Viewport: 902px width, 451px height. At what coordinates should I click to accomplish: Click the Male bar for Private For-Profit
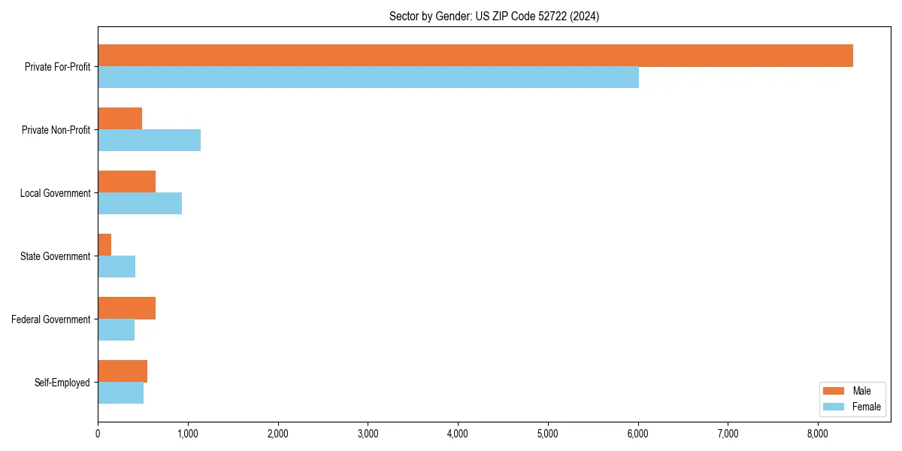tap(475, 56)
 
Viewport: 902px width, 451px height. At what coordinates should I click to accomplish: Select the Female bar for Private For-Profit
tap(368, 77)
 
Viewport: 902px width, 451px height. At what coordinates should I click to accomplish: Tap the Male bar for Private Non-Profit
tap(120, 119)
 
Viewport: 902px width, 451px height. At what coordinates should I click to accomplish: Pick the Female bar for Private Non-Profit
tap(149, 141)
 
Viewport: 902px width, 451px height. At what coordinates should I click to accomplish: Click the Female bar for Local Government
tap(140, 204)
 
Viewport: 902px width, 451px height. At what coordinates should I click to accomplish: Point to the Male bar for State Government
tap(104, 245)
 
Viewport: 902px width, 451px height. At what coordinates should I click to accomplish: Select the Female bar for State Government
tap(117, 267)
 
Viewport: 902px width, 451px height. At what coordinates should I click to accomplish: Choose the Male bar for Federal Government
tap(126, 308)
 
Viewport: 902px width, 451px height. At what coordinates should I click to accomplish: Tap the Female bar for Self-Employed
tap(120, 393)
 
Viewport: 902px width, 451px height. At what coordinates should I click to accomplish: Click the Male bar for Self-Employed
tap(123, 371)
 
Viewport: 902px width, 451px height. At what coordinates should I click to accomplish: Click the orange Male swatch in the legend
tap(834, 391)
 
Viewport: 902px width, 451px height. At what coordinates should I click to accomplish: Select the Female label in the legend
tap(866, 407)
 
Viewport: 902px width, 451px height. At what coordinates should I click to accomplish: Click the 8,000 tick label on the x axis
tap(818, 434)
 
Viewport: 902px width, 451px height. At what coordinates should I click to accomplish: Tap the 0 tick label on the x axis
tap(98, 434)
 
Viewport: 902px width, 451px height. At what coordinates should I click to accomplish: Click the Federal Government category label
tap(51, 319)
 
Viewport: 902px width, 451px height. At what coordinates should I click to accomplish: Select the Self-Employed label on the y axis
tap(62, 383)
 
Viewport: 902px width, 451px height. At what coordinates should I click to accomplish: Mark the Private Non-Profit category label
tap(56, 130)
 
